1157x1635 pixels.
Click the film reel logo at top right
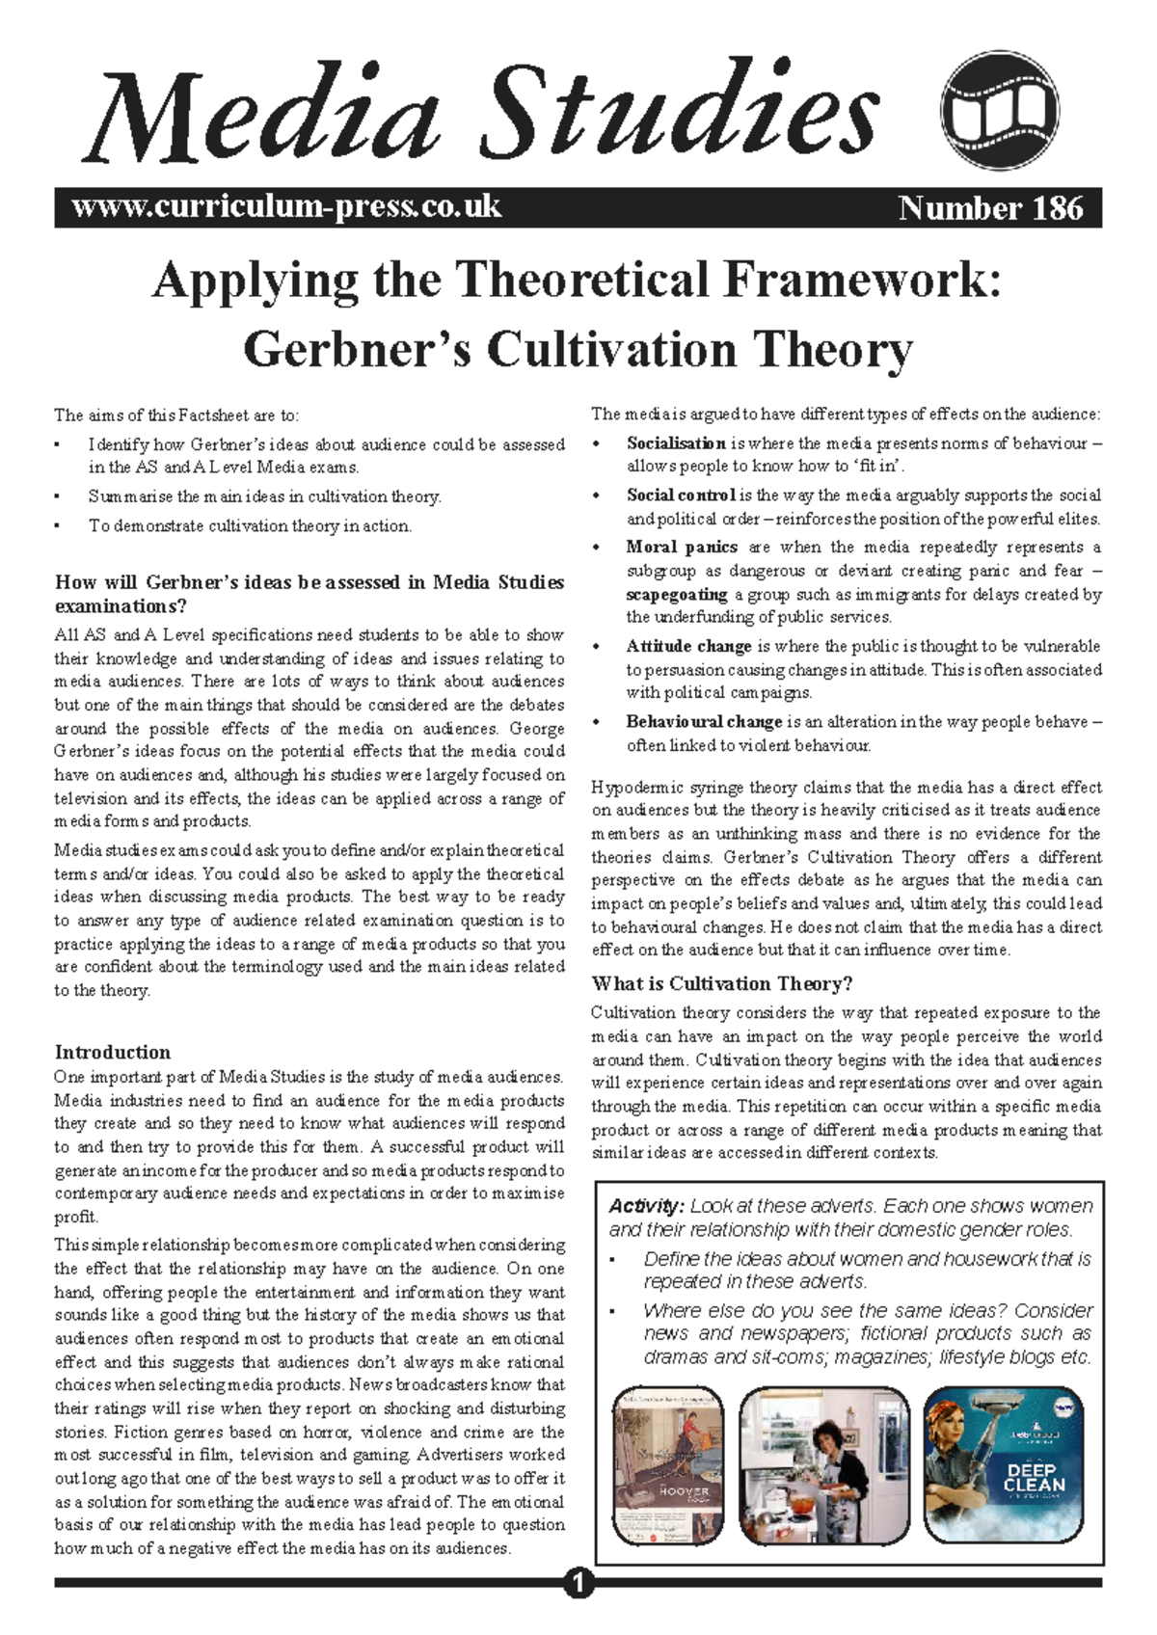click(x=1000, y=111)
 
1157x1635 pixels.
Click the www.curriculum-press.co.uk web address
click(x=286, y=207)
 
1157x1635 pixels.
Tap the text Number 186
click(x=990, y=208)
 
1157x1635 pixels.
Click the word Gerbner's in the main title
click(x=357, y=349)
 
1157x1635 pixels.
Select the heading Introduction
click(x=113, y=1052)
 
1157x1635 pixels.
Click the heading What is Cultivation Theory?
click(x=722, y=983)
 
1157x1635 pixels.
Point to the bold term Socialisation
click(x=676, y=443)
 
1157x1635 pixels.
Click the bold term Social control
click(x=681, y=496)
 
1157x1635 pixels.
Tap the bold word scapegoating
click(x=677, y=595)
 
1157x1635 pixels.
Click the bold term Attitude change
click(x=688, y=647)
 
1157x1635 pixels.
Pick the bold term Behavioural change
click(x=704, y=722)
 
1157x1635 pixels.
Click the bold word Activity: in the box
click(x=646, y=1206)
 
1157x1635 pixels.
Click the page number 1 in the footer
click(x=578, y=1583)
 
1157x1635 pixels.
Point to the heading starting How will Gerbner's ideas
click(x=309, y=594)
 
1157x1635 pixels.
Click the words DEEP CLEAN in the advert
click(x=1036, y=1478)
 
